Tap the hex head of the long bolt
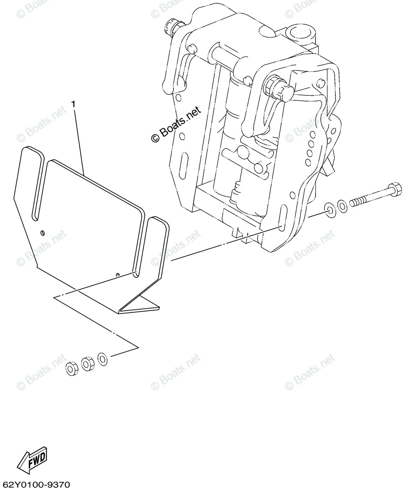[394, 189]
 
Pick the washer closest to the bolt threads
[342, 206]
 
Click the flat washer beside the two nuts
[102, 359]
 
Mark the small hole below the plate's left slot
[43, 233]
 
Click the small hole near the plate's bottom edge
[118, 275]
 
